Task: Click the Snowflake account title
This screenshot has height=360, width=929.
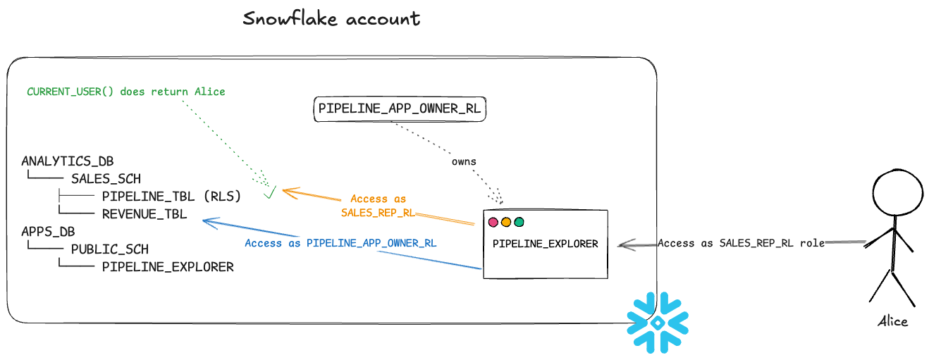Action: point(331,18)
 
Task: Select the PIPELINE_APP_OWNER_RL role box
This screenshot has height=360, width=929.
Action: point(400,109)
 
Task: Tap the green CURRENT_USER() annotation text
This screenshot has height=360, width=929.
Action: point(126,92)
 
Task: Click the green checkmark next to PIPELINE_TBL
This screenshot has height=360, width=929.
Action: point(270,192)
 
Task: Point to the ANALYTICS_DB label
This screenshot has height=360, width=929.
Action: point(68,161)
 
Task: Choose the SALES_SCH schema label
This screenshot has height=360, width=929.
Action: point(106,179)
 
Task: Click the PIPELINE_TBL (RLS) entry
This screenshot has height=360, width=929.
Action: point(171,196)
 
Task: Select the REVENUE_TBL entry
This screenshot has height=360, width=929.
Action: point(144,214)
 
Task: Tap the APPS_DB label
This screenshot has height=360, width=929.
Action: point(48,231)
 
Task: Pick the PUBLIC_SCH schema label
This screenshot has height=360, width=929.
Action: point(110,249)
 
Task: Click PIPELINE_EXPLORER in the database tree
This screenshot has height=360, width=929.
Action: point(168,267)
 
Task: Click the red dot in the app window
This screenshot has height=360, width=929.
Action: point(493,223)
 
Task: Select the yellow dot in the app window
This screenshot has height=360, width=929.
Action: point(506,223)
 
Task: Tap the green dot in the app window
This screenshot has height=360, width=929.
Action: point(519,223)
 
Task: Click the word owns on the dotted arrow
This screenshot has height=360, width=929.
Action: point(464,161)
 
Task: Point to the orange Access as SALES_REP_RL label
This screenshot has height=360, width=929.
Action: point(378,206)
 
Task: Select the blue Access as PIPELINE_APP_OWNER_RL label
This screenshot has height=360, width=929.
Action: point(340,243)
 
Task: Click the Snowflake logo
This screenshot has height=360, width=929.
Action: point(658,323)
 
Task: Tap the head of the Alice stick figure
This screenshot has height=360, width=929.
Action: point(898,192)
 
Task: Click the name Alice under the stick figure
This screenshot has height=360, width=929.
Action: point(893,321)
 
